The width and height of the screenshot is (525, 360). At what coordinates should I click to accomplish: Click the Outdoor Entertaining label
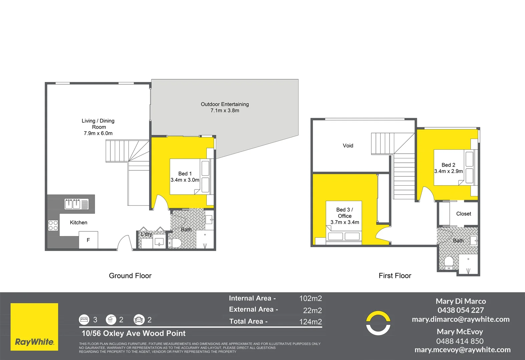tap(224, 104)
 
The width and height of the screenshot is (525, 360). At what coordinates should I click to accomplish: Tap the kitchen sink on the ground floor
tap(76, 204)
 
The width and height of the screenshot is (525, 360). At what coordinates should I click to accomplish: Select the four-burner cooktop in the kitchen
tap(53, 225)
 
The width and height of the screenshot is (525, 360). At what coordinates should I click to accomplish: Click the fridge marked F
tap(88, 240)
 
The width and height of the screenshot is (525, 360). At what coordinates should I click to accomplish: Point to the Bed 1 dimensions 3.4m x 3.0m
tap(185, 180)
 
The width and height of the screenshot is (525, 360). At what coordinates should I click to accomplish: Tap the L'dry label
tap(146, 234)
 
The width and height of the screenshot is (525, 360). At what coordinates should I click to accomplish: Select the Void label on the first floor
tap(348, 146)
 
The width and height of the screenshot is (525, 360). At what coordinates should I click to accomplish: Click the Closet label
tap(464, 214)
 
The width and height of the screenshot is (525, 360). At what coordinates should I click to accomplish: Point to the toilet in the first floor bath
tap(449, 263)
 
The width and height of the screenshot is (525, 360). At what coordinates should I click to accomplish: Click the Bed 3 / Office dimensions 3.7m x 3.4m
tap(345, 222)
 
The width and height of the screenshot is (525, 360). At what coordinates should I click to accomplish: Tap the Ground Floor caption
tap(130, 276)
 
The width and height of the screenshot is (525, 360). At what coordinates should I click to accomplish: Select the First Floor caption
tap(395, 276)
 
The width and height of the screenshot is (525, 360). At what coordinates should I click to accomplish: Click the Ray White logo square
tap(34, 327)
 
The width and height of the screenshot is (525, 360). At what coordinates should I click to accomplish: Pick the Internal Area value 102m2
tap(310, 298)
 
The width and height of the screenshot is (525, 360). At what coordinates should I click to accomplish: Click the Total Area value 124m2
tap(310, 322)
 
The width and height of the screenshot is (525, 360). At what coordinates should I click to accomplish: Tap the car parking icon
tap(139, 320)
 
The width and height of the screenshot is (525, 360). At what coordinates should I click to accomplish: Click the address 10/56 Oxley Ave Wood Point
tap(133, 333)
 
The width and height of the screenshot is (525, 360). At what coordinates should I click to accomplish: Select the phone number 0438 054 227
tap(461, 310)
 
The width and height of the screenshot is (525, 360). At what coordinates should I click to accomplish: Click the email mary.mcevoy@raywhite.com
tap(462, 350)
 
